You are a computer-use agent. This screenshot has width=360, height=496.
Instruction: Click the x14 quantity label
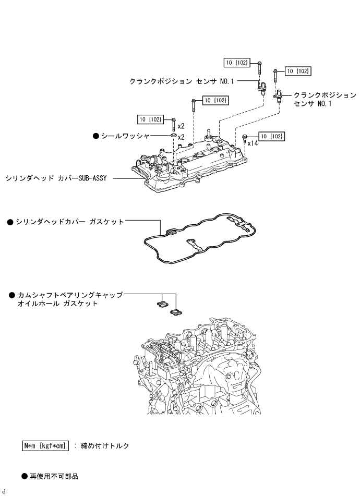(x=253, y=143)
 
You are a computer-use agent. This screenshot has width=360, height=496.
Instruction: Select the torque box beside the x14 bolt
(x=271, y=136)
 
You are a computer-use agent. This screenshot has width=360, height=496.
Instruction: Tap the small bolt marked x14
(x=244, y=138)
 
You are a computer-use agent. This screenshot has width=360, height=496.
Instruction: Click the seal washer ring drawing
(x=173, y=136)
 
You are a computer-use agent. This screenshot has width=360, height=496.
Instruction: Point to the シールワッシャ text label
(x=125, y=136)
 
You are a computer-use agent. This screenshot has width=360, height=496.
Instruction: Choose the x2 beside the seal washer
(x=181, y=137)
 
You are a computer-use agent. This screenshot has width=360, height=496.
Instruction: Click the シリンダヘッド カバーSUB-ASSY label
(x=56, y=178)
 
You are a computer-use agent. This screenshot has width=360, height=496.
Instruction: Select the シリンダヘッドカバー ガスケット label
(x=70, y=222)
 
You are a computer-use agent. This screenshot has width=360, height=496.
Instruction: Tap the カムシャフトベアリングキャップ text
(x=70, y=295)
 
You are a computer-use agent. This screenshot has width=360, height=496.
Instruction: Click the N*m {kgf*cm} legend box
(x=45, y=446)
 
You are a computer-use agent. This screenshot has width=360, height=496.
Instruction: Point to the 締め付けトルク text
(x=105, y=446)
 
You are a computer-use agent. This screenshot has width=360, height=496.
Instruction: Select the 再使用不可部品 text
(x=54, y=476)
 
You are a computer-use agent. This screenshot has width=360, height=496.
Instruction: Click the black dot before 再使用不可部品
(x=25, y=476)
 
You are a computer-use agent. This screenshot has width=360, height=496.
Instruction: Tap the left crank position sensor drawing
(x=262, y=88)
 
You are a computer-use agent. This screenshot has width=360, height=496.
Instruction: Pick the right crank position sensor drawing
(x=279, y=95)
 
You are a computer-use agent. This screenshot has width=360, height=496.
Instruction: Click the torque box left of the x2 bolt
(x=150, y=119)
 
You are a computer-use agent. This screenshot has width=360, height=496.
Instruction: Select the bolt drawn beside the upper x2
(x=173, y=125)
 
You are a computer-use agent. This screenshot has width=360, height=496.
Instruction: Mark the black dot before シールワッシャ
(x=96, y=136)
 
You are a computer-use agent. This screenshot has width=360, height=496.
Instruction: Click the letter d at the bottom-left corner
(x=4, y=491)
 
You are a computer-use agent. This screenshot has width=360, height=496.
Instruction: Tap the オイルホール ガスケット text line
(x=58, y=304)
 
